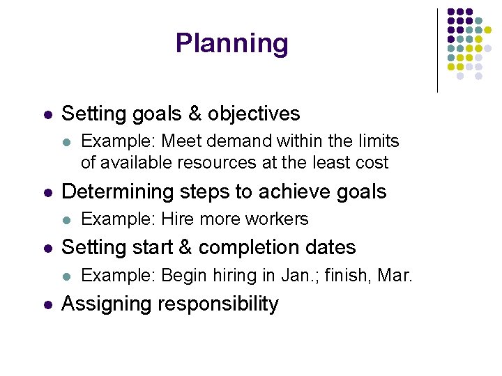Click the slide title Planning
pos(231,43)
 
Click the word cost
pos(372,163)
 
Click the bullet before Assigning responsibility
pos(46,305)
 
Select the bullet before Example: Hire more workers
pos(66,219)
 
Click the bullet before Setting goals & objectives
pos(46,114)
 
